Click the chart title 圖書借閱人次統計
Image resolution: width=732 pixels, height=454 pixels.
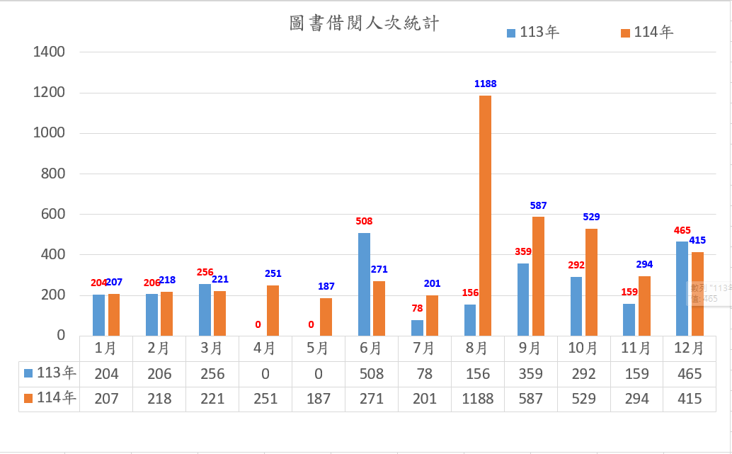365,24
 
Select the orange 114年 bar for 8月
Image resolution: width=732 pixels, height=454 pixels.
485,216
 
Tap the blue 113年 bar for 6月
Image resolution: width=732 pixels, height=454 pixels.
364,284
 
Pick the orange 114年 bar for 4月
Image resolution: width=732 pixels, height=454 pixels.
273,310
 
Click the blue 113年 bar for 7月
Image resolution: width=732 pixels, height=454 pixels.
417,328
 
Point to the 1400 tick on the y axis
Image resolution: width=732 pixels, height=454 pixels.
49,52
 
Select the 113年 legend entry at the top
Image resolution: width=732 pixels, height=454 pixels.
533,33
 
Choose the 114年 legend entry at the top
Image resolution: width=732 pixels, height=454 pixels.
647,33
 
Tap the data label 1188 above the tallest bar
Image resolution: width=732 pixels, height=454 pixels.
486,84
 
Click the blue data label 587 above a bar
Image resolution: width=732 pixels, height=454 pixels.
538,205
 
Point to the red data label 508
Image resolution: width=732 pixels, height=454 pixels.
364,221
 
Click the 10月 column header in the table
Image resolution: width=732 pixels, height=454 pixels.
583,348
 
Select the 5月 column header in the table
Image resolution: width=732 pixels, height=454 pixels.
318,348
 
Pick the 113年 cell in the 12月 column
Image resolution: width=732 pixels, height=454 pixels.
689,374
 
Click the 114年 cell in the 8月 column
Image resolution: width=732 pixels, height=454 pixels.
477,399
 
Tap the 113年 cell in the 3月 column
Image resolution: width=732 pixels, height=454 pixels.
212,374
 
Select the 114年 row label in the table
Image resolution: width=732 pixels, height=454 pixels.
50,399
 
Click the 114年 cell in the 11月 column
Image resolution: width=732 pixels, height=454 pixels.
636,399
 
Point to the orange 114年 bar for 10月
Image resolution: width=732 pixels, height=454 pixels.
591,282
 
